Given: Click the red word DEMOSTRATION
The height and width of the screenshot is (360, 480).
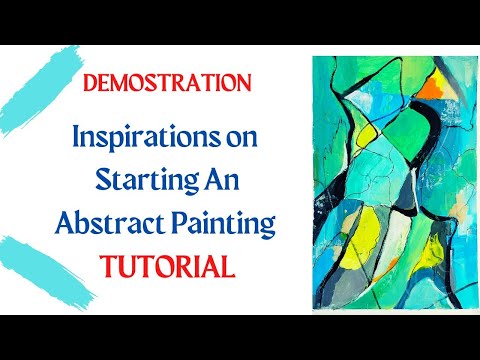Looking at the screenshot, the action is point(167,83).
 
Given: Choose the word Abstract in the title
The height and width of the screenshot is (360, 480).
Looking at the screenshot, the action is point(110,222).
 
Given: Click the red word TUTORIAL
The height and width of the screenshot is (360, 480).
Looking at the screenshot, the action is point(167,266).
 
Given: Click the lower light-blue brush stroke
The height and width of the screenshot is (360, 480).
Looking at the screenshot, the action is point(43,272).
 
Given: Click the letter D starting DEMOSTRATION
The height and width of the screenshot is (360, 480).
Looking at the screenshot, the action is point(90,83).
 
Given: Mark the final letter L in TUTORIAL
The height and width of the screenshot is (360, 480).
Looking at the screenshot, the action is point(229,267).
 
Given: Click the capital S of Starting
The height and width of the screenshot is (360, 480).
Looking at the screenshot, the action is point(103,179).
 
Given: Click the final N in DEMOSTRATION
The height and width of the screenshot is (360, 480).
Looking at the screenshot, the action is point(243,83).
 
